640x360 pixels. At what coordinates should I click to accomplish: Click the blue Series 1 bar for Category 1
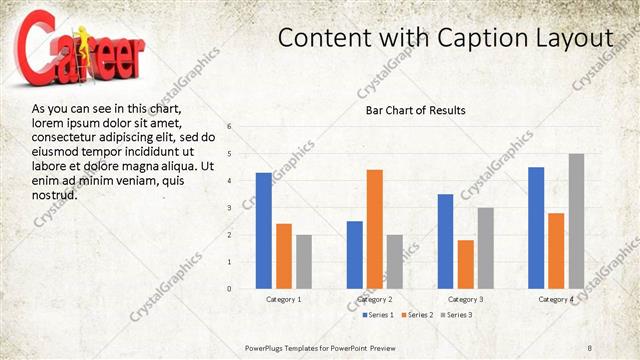click(x=264, y=230)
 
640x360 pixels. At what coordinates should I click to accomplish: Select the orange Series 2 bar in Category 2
click(x=375, y=229)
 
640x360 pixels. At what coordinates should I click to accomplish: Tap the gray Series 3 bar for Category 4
click(x=577, y=221)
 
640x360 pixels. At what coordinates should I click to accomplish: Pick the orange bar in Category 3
click(x=466, y=264)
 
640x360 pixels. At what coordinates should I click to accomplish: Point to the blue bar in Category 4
click(x=536, y=227)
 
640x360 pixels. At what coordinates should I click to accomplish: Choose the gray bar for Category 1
click(x=304, y=261)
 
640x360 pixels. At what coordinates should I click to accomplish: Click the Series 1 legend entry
click(x=377, y=315)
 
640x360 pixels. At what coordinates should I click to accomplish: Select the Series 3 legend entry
click(x=456, y=315)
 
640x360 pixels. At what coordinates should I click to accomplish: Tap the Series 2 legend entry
click(x=417, y=315)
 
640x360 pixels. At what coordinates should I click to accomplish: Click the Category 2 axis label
click(x=375, y=299)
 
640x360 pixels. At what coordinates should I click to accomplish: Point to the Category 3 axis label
click(x=466, y=299)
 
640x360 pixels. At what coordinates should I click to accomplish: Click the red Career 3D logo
click(x=110, y=55)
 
